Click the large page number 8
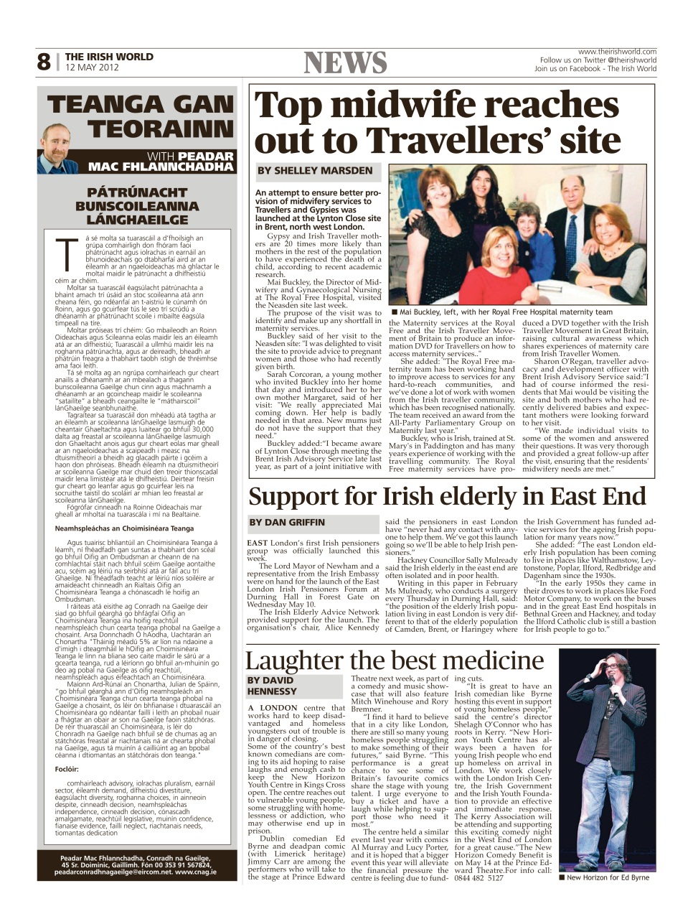pos(43,62)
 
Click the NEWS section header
pos(345,63)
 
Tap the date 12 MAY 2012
pos(91,67)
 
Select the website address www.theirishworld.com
pos(617,52)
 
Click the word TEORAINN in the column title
pos(161,130)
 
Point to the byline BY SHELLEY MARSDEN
pos(315,171)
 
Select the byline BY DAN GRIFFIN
pos(287,522)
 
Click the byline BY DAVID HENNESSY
pos(273,686)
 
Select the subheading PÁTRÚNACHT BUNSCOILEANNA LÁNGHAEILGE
pos(137,206)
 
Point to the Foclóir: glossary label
pos(67,769)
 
